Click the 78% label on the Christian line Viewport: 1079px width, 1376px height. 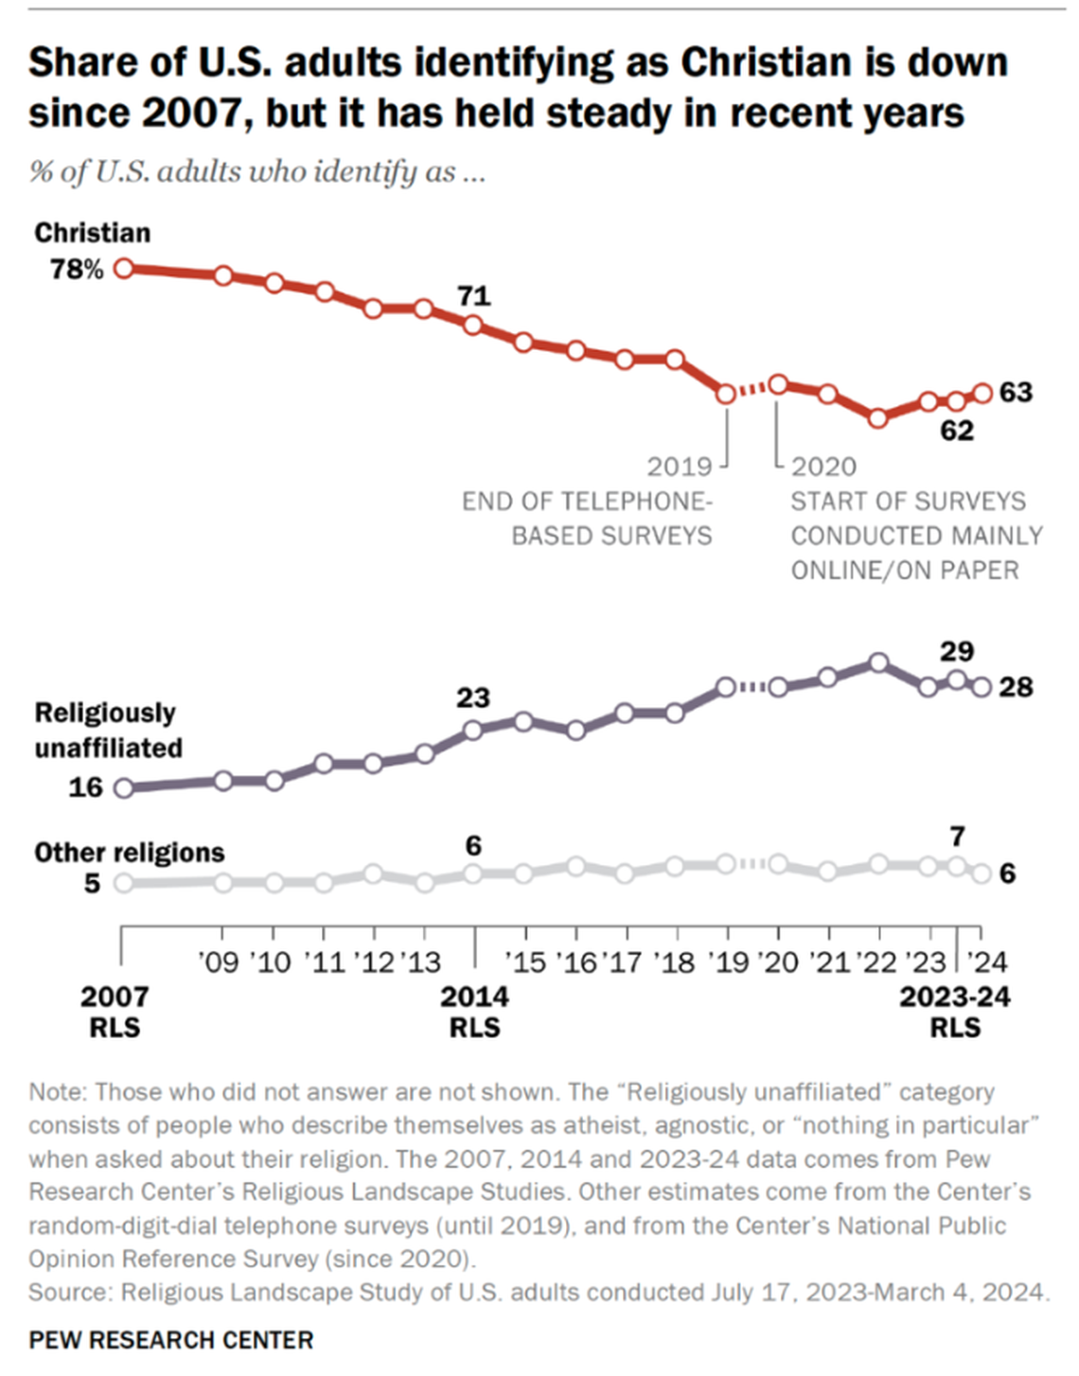tap(77, 270)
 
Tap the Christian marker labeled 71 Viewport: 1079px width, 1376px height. tap(473, 326)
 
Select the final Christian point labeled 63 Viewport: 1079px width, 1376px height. tap(982, 393)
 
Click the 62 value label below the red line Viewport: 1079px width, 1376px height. tap(956, 431)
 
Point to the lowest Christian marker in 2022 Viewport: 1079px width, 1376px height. tap(878, 417)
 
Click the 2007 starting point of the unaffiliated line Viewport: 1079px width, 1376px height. tap(123, 787)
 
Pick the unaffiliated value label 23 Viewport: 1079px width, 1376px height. tap(473, 697)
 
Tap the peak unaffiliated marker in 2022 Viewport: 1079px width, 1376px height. tap(878, 662)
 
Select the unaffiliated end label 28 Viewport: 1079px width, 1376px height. tap(1016, 687)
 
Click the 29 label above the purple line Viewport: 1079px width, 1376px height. tap(956, 651)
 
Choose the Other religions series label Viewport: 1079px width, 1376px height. tap(130, 853)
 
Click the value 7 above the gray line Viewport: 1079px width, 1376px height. tap(957, 837)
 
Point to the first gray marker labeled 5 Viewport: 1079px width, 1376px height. tap(123, 883)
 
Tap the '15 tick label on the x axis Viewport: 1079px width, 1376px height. tap(525, 962)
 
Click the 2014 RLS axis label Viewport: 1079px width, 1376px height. tap(474, 1012)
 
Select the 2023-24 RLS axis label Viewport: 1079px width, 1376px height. tap(954, 1012)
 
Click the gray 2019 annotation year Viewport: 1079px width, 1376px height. tap(679, 467)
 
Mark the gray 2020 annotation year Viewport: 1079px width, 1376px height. tap(823, 467)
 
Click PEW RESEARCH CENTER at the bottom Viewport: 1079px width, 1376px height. tap(170, 1340)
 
